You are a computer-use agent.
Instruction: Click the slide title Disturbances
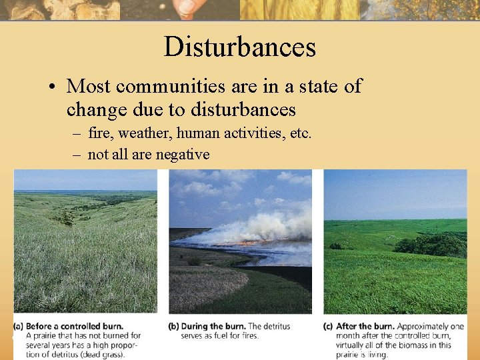pyautogui.click(x=239, y=47)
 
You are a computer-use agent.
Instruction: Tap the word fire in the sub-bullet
pyautogui.click(x=101, y=133)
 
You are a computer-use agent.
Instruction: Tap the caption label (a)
pyautogui.click(x=19, y=326)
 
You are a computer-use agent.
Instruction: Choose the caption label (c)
pyautogui.click(x=329, y=326)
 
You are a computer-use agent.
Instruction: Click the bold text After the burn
pyautogui.click(x=365, y=326)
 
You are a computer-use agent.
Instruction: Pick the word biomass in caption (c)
pyautogui.click(x=418, y=345)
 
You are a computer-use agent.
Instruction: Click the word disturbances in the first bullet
pyautogui.click(x=243, y=109)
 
